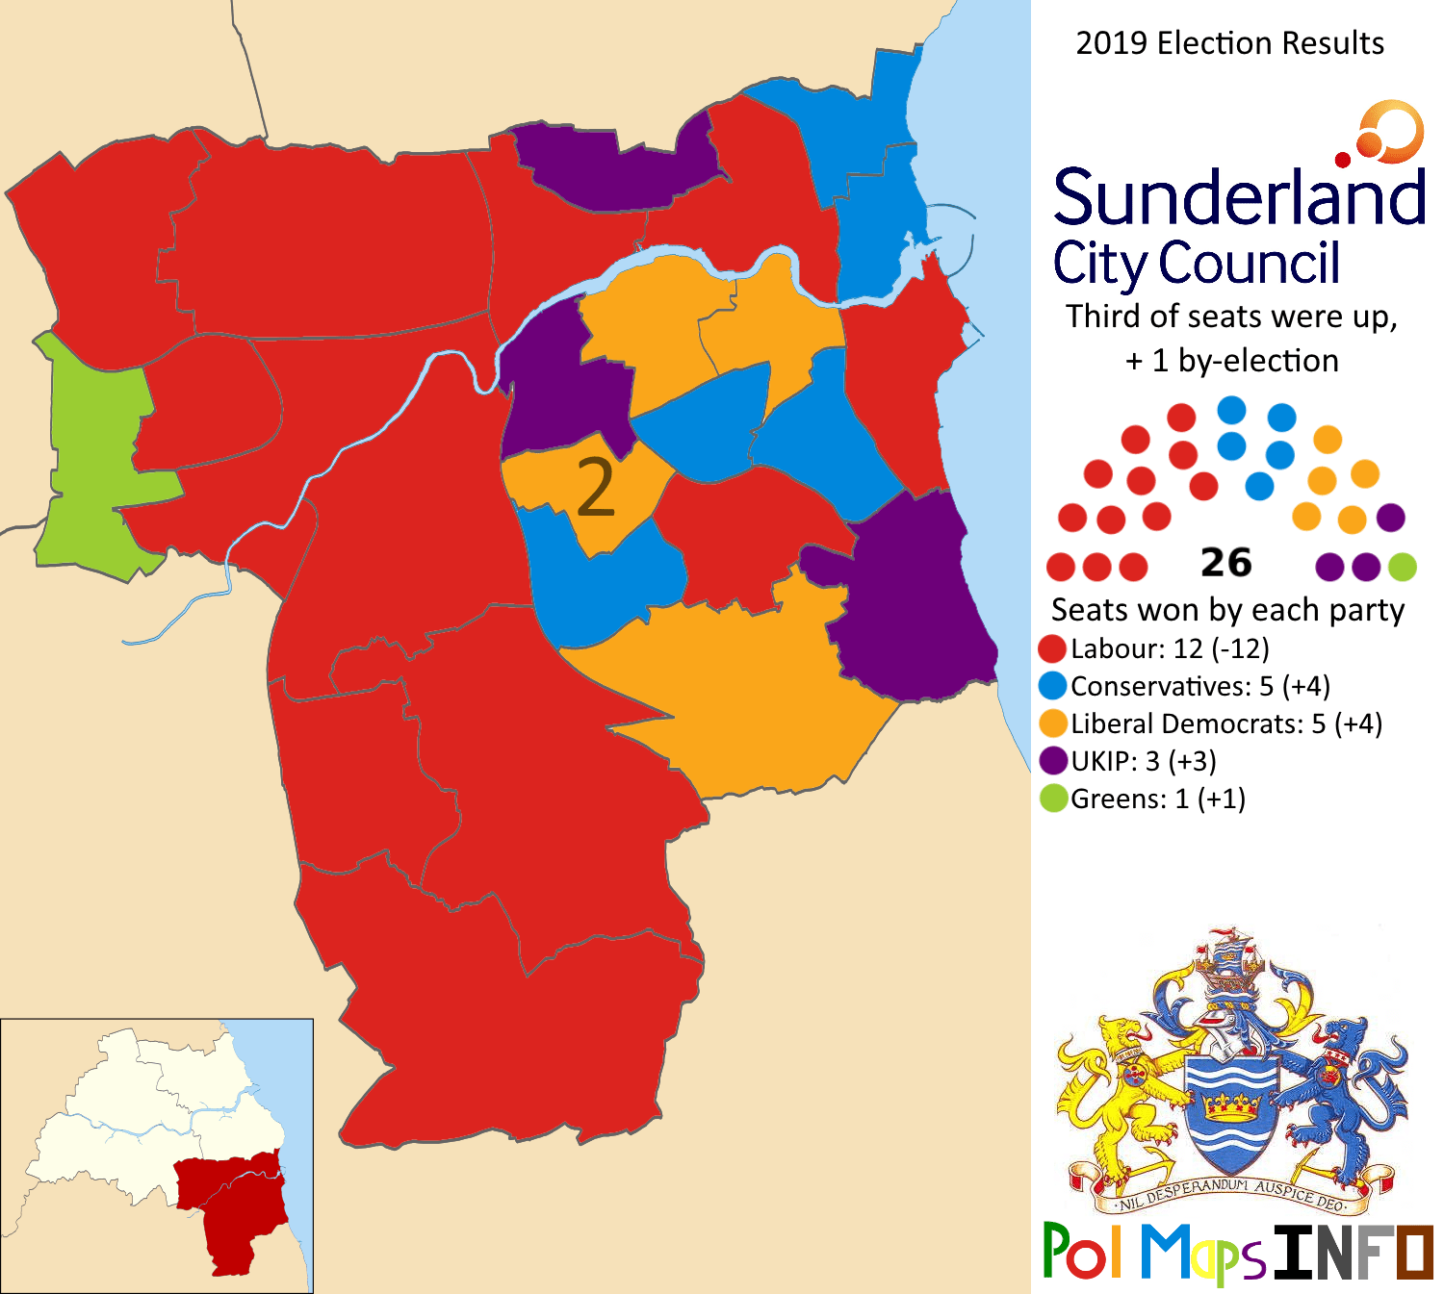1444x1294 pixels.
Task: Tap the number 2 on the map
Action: pos(596,489)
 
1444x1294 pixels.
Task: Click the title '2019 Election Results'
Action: pos(1229,43)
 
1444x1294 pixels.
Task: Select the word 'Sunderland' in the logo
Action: pos(1239,197)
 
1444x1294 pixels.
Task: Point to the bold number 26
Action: pos(1225,563)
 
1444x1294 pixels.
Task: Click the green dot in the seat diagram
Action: pos(1403,567)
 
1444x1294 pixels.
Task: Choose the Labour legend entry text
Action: pos(1170,648)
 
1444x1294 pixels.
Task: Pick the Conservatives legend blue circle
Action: pos(1053,686)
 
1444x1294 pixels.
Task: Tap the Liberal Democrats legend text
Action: pos(1225,723)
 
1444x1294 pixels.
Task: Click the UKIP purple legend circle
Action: pos(1053,761)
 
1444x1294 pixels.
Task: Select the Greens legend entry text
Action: pos(1157,799)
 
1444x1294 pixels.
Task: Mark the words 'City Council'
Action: pos(1196,263)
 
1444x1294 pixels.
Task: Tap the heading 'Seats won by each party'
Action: pos(1227,610)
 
